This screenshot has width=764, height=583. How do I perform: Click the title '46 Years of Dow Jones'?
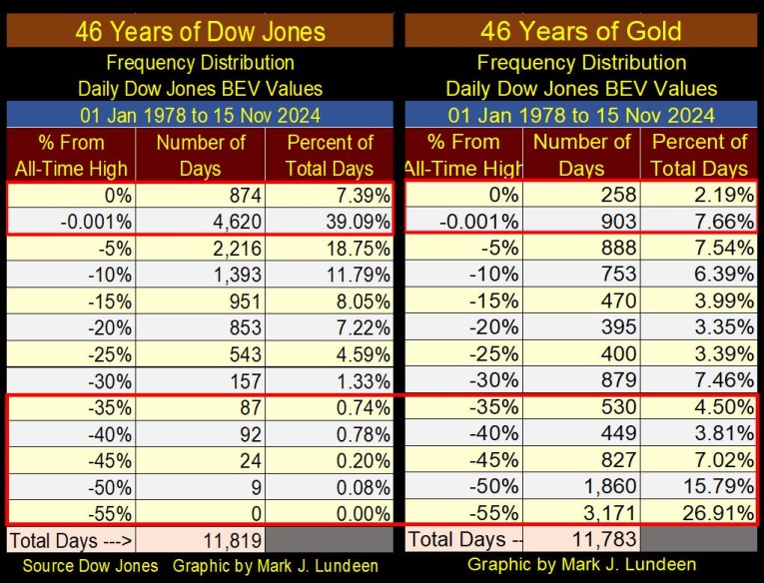200,30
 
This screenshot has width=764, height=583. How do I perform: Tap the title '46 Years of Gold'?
581,30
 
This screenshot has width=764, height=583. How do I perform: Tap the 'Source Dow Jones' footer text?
90,566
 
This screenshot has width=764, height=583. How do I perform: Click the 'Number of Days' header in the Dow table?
201,155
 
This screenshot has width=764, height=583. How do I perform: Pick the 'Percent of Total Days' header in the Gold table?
699,155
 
